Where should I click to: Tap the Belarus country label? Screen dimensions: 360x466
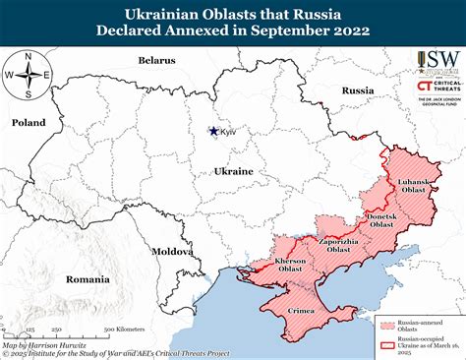[x=156, y=60]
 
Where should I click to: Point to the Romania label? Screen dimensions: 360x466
[x=87, y=279]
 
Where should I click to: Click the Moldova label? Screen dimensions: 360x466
[x=173, y=251]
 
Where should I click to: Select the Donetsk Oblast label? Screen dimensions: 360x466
[x=380, y=219]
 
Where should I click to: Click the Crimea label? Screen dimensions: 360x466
[x=301, y=310]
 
